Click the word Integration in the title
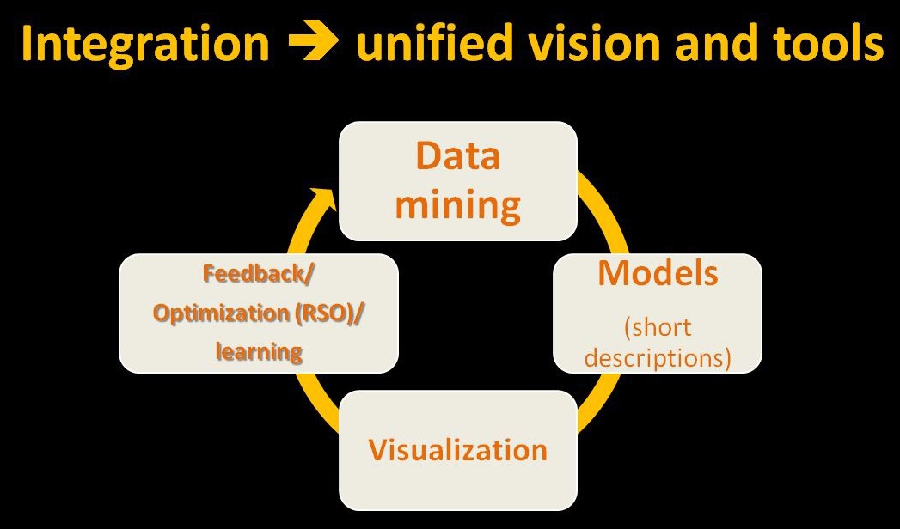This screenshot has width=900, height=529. pyautogui.click(x=143, y=45)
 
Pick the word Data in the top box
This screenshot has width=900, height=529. pyautogui.click(x=457, y=158)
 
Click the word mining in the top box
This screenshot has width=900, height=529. pyautogui.click(x=457, y=205)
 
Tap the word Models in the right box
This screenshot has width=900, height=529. pyautogui.click(x=658, y=274)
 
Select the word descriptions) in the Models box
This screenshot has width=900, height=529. pyautogui.click(x=658, y=356)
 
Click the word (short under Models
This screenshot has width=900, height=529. pyautogui.click(x=658, y=327)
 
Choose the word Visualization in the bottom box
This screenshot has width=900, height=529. pyautogui.click(x=457, y=450)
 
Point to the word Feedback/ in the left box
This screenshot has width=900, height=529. pyautogui.click(x=259, y=275)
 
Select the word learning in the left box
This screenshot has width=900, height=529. pyautogui.click(x=259, y=351)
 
